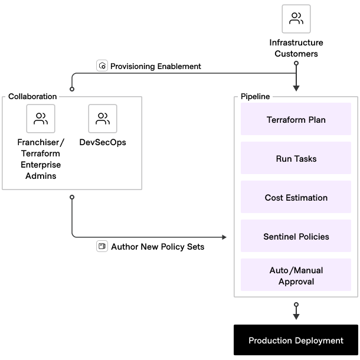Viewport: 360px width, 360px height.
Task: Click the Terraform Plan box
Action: click(x=296, y=120)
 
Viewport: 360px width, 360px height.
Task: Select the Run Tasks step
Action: click(x=296, y=159)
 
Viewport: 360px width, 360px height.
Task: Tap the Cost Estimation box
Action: click(x=296, y=198)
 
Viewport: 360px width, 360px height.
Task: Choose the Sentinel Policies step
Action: click(x=296, y=237)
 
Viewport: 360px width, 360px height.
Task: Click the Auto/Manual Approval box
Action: click(x=296, y=276)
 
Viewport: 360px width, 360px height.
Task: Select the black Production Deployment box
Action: click(x=296, y=341)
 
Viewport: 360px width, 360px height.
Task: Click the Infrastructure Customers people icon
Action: click(x=296, y=19)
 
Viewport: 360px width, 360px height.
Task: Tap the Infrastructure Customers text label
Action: click(x=296, y=48)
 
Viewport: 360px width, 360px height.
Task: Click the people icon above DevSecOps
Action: click(x=103, y=119)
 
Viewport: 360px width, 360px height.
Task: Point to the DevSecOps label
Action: click(x=103, y=142)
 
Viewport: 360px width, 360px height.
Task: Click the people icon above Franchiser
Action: click(x=41, y=119)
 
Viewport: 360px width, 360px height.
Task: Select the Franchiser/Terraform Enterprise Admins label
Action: click(x=41, y=159)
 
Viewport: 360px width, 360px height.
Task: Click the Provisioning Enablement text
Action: click(x=156, y=66)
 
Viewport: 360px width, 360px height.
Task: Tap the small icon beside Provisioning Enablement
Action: click(x=103, y=66)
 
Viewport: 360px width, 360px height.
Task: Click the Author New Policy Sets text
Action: click(x=158, y=247)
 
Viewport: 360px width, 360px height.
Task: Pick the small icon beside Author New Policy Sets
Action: click(x=102, y=246)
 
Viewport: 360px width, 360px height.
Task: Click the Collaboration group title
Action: click(x=32, y=96)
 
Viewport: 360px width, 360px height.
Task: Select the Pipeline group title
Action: click(x=256, y=96)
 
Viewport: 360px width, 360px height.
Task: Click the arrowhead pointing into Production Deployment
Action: click(x=296, y=317)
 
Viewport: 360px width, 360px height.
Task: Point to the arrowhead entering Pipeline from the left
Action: click(x=224, y=237)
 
